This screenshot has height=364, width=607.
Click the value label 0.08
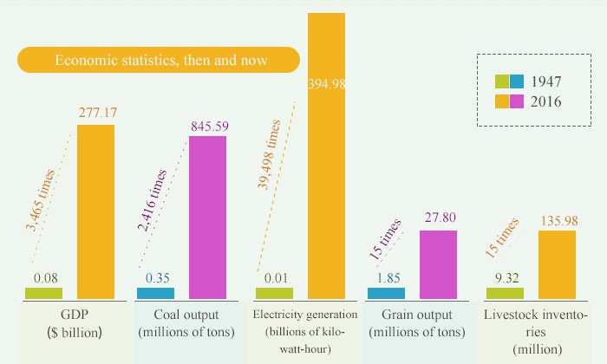tap(47, 278)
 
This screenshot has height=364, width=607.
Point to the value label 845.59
tap(209, 127)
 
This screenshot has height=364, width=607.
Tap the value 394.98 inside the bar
tap(326, 83)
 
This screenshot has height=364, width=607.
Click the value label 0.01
tap(274, 278)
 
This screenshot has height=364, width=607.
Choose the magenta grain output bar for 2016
tap(438, 265)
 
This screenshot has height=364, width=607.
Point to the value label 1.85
tap(385, 278)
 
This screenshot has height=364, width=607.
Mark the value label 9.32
tap(506, 278)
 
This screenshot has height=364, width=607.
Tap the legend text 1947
tap(548, 82)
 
